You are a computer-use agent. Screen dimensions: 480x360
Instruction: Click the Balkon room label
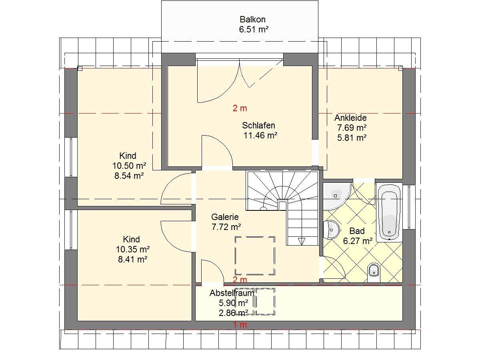252,20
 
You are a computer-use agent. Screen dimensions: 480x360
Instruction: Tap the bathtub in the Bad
389,212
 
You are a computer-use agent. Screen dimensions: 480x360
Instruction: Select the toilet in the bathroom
374,272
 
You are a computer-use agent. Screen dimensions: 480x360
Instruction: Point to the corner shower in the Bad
336,196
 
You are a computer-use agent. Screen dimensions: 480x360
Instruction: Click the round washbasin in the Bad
331,230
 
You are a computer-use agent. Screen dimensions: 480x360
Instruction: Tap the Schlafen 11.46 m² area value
260,136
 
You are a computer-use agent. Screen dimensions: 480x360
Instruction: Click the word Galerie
225,217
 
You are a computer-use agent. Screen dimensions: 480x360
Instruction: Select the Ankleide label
350,118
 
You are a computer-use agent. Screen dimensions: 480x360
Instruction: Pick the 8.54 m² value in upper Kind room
129,176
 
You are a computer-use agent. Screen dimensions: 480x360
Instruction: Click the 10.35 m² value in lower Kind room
133,249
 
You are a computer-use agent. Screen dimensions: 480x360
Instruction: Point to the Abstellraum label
232,293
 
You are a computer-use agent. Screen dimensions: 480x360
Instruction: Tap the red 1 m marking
240,325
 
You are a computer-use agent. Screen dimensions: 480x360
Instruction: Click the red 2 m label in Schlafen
240,108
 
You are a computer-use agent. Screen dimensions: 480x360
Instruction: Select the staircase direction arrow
302,241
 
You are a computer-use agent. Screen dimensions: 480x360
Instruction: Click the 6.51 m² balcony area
254,29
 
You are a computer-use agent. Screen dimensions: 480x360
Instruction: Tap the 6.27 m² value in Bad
358,241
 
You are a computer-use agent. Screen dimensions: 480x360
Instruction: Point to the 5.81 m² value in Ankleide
352,138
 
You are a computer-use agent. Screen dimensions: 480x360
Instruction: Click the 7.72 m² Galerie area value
226,227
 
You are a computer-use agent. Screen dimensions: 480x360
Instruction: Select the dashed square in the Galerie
255,256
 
